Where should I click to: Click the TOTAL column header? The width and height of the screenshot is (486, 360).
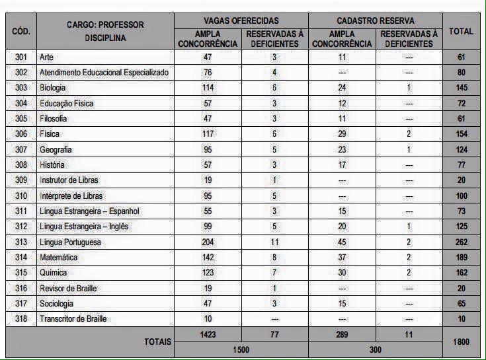[461, 31]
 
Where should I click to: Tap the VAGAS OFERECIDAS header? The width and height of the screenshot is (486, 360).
[241, 21]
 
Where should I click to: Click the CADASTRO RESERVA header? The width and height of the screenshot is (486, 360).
[375, 21]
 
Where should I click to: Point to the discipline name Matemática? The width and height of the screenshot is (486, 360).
[58, 257]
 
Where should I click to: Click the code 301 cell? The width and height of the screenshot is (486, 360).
[21, 57]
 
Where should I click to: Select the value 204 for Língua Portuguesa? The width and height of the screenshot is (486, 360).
[208, 242]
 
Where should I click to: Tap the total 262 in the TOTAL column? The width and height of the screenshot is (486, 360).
[461, 242]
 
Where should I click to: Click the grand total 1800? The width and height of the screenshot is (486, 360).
[461, 342]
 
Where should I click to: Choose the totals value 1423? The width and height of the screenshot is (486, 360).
[208, 335]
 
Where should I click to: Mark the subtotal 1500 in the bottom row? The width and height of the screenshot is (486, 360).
[241, 349]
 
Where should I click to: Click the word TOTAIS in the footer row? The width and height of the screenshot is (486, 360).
[157, 342]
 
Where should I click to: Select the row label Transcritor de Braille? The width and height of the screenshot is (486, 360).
[73, 319]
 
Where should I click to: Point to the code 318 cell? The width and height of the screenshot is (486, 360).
[21, 319]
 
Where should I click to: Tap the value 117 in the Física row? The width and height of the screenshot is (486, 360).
[208, 134]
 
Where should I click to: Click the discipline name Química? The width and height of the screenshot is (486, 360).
[54, 273]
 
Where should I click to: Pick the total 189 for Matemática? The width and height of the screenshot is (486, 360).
[461, 257]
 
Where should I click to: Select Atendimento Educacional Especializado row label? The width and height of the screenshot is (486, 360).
[104, 73]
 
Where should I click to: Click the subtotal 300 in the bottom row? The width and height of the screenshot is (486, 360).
[375, 349]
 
